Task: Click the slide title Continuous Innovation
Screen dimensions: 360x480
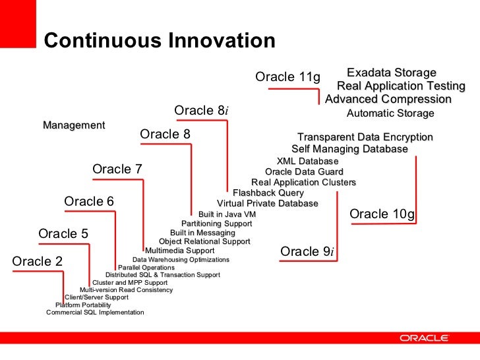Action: tap(159, 42)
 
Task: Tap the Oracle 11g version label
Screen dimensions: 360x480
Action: tap(287, 78)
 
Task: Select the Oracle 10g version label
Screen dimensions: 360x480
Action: tap(382, 214)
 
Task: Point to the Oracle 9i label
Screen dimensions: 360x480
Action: tap(307, 252)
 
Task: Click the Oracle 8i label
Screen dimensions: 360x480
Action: tap(201, 110)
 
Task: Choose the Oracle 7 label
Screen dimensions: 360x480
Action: tap(117, 169)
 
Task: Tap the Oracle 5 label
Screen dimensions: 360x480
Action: tap(63, 234)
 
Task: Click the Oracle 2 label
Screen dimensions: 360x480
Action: tap(38, 262)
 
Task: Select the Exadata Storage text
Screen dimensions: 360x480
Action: tap(392, 73)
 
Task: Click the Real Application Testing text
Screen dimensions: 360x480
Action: tap(401, 86)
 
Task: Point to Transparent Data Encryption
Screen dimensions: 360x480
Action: tap(365, 137)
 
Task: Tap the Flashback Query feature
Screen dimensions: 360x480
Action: tap(268, 193)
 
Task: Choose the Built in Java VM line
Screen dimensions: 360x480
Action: tap(227, 214)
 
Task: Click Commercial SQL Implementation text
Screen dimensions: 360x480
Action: tap(95, 313)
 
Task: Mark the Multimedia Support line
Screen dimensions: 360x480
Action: tap(179, 251)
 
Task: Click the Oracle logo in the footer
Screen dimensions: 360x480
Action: tap(424, 338)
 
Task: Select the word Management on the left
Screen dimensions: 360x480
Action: tap(74, 125)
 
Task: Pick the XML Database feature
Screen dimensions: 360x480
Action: tap(307, 162)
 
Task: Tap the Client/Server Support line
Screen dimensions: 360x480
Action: tap(96, 297)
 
